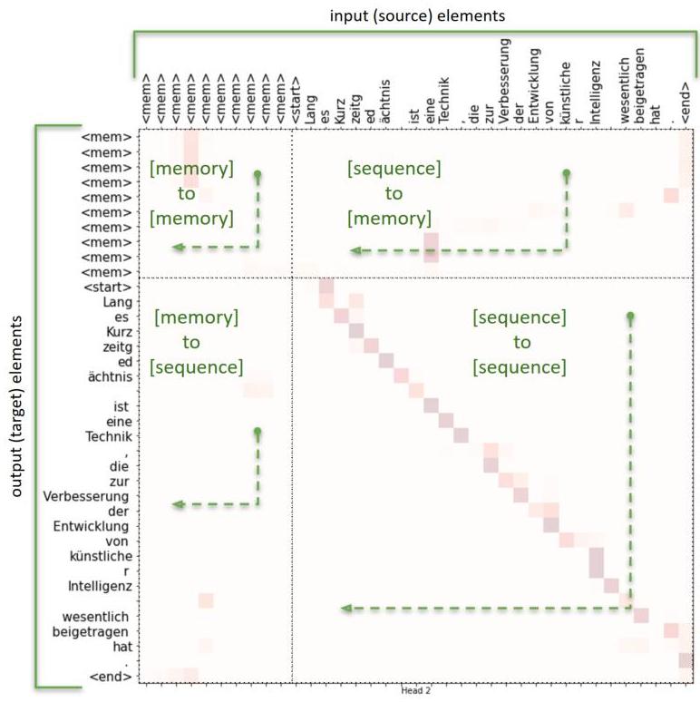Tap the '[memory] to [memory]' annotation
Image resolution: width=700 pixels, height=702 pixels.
pyautogui.click(x=191, y=193)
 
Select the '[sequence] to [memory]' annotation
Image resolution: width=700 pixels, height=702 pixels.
pyautogui.click(x=394, y=193)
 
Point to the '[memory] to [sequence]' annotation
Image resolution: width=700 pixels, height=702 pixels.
pyautogui.click(x=196, y=342)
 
